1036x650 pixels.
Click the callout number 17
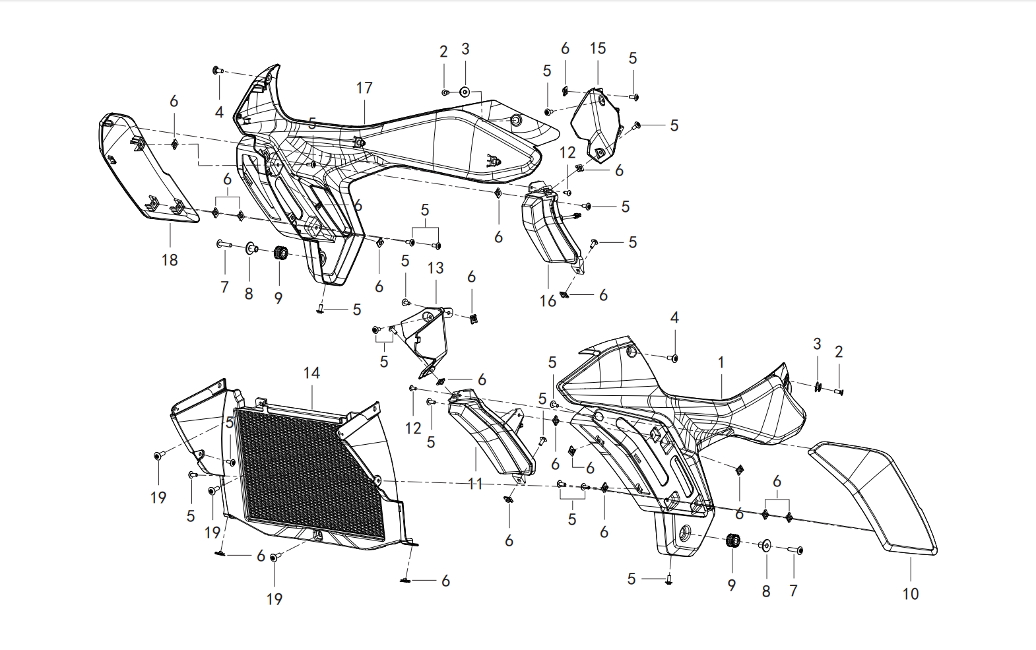[x=364, y=88]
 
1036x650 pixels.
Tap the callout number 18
[x=170, y=260]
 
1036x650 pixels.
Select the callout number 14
[x=311, y=373]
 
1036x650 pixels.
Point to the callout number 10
[x=911, y=593]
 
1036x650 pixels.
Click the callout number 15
[x=598, y=48]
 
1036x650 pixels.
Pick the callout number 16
[x=548, y=301]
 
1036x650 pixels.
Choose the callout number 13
[x=436, y=268]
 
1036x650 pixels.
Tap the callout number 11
[x=476, y=484]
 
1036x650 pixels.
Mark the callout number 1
[x=721, y=363]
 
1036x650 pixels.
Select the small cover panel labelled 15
[x=595, y=125]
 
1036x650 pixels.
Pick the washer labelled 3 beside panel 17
[x=465, y=92]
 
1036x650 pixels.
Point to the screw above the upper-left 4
[x=218, y=71]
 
